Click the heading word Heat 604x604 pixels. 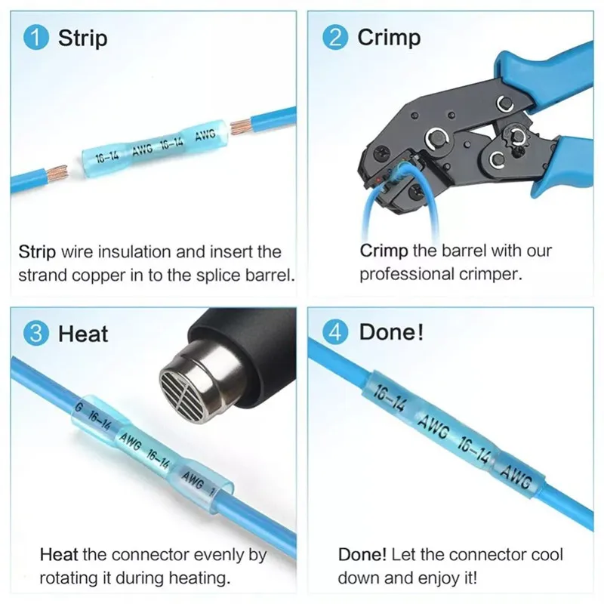coord(83,333)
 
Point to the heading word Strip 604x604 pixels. coord(82,38)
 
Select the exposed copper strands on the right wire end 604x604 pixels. coord(242,124)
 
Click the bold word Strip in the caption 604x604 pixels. coord(36,251)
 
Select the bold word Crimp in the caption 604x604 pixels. coord(384,250)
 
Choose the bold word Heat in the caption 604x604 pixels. coord(58,555)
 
